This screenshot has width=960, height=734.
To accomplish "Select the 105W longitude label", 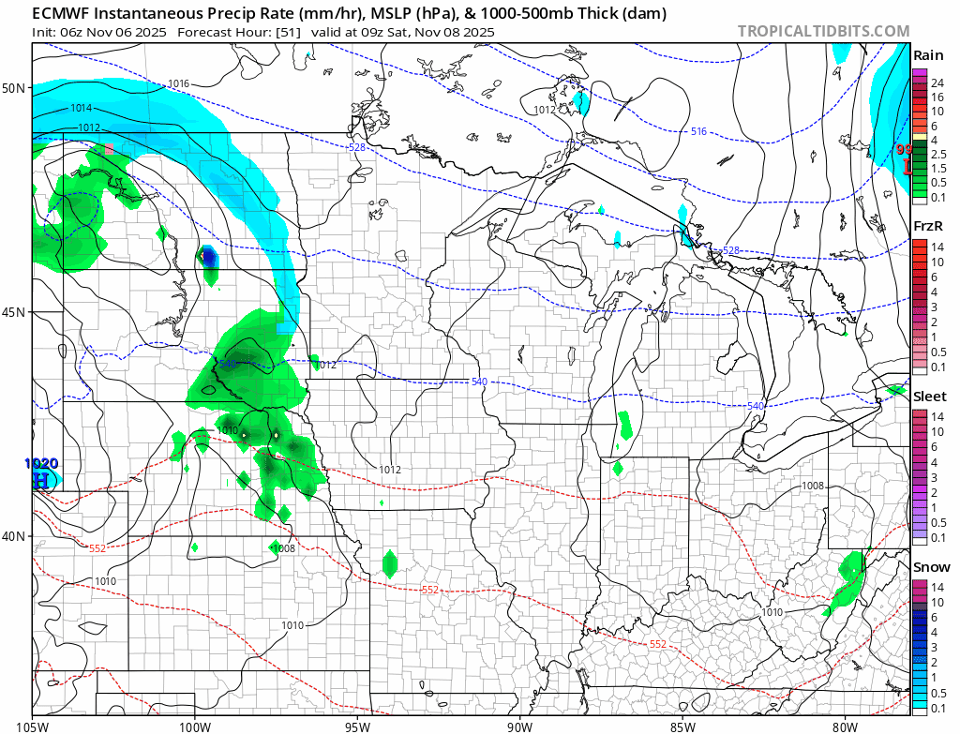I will coord(33,725).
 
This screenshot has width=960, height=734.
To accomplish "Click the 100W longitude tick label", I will coord(195,725).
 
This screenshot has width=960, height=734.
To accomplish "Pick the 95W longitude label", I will coord(357,725).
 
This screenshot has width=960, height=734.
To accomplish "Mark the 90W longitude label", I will coord(519,725).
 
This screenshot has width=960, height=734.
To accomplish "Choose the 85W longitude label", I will coord(682,725).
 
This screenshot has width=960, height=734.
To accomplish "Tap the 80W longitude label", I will coord(845,725).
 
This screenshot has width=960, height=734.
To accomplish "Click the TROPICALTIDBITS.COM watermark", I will coord(823,31).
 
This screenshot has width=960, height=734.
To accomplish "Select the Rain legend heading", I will coord(928,55).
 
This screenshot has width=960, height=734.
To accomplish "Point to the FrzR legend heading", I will coord(929,226).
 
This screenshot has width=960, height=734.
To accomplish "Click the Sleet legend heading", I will coord(930,397).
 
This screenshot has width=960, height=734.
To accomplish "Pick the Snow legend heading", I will coord(930,567).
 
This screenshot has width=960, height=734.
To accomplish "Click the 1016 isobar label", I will coord(179,84).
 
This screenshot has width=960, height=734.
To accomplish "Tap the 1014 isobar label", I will coord(81,108).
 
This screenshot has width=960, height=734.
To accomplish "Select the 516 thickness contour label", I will coord(698,131).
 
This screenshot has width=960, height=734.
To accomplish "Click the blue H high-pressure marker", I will coord(40,480).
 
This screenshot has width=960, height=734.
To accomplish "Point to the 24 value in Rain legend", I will coord(937,83).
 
